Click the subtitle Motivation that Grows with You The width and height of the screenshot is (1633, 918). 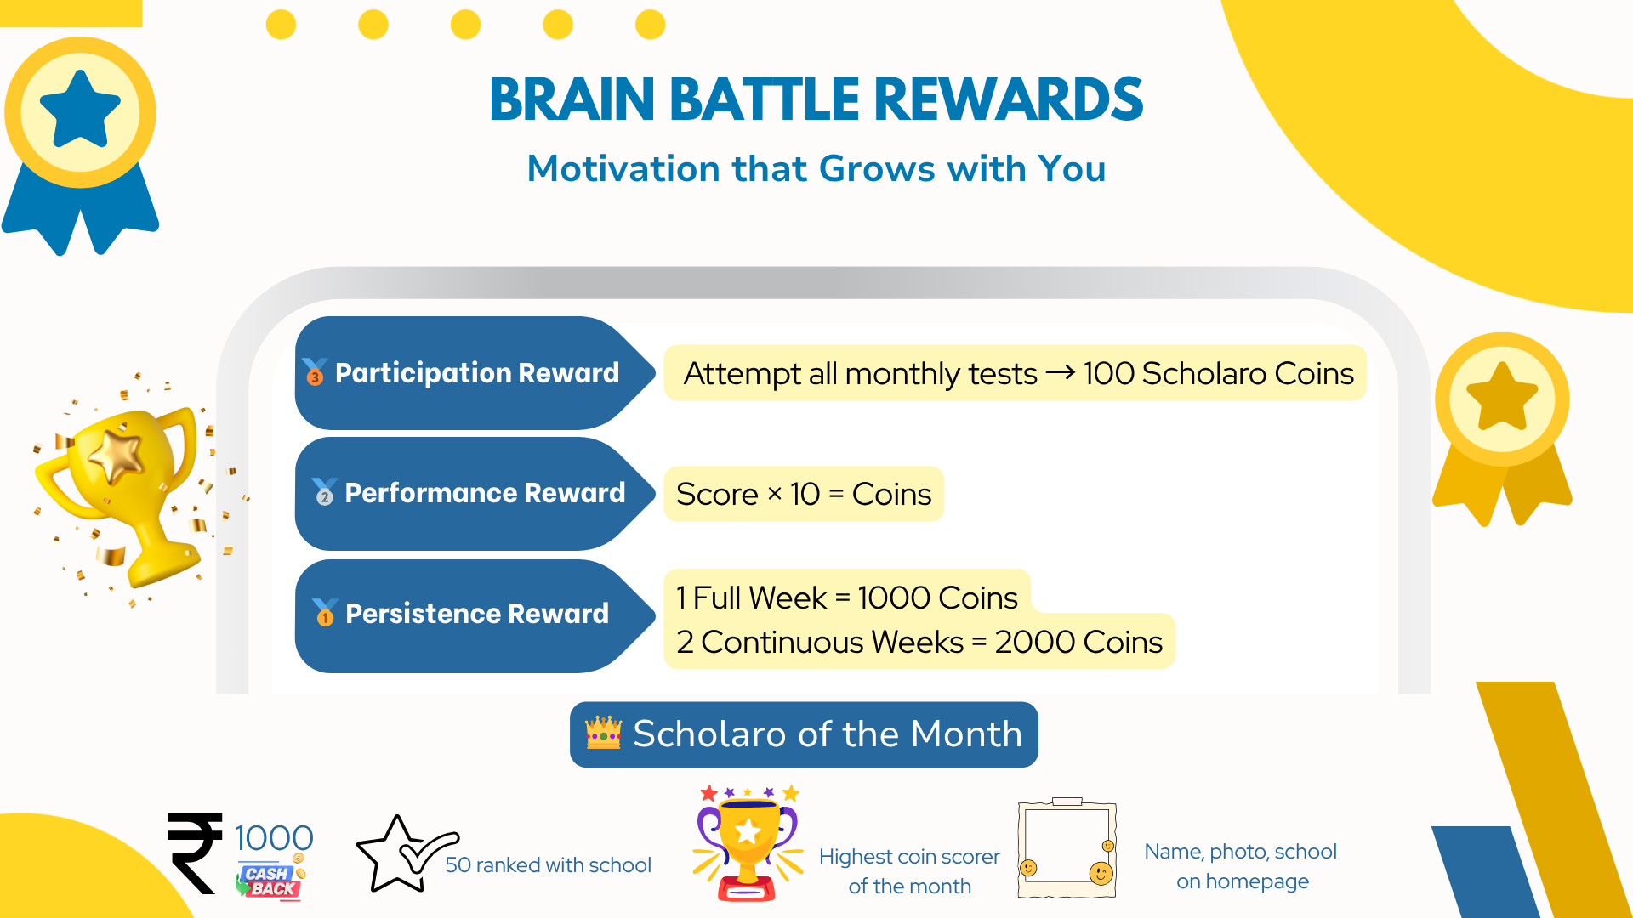(x=816, y=168)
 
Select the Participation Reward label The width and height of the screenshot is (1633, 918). (x=477, y=373)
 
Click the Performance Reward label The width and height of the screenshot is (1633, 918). (x=485, y=493)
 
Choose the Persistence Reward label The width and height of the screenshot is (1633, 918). (x=477, y=614)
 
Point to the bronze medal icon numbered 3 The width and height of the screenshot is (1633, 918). (x=315, y=371)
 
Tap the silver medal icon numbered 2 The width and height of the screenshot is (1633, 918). (x=324, y=491)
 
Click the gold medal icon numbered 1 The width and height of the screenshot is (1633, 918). (x=325, y=612)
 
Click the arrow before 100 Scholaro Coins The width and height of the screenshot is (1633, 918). (x=1060, y=373)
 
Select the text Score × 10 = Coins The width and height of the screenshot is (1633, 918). (x=804, y=494)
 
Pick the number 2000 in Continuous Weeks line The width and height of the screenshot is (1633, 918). (x=1036, y=642)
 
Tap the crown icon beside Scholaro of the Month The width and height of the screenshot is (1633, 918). (x=603, y=733)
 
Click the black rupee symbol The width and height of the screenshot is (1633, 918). (x=196, y=853)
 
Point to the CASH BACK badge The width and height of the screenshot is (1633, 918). (x=270, y=881)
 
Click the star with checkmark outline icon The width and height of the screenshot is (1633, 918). (x=407, y=854)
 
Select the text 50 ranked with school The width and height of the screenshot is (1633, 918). (x=548, y=864)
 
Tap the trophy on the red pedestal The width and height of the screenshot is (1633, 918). (x=748, y=843)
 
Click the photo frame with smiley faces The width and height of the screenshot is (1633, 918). (x=1067, y=847)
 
